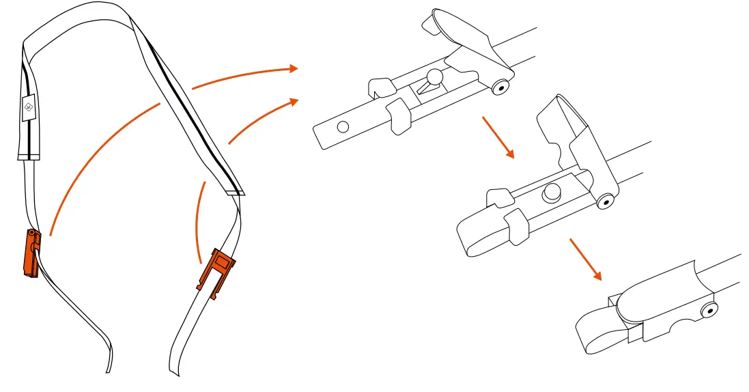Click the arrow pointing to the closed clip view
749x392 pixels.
coord(586,260)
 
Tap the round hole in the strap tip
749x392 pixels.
coord(343,126)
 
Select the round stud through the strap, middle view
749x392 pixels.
coord(551,194)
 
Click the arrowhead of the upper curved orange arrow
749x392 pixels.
coord(294,68)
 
